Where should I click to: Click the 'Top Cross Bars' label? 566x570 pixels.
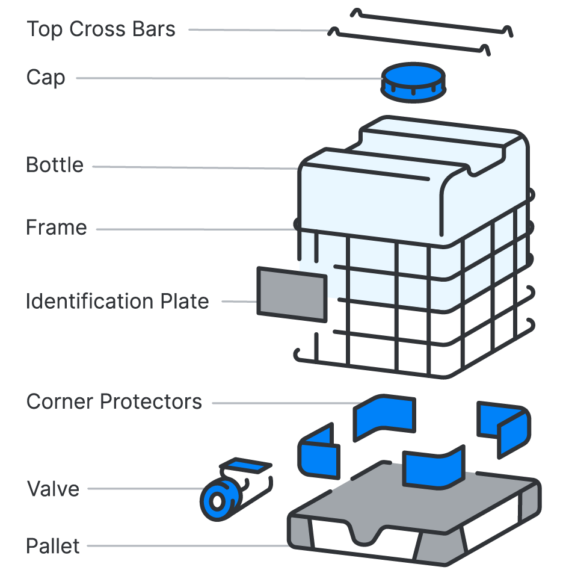pos(101,29)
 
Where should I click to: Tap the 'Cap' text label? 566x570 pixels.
pos(46,78)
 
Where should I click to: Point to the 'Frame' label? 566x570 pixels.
pos(57,228)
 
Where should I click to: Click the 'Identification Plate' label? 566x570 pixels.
pos(117,301)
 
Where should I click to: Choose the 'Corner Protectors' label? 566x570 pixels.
pos(114,401)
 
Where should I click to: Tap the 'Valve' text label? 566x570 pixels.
pos(53,489)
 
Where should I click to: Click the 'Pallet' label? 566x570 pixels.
pos(53,547)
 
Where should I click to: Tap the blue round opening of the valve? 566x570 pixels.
pos(216,501)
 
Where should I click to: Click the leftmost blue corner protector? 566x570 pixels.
pos(318,453)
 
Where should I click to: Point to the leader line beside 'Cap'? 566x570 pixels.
pos(229,78)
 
